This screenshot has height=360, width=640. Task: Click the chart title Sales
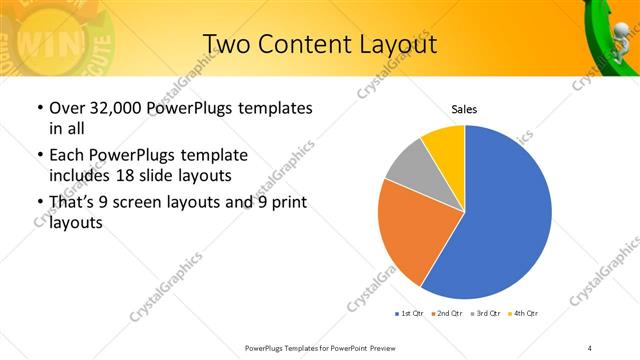coord(464,108)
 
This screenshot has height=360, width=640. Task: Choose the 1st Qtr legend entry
coord(411,314)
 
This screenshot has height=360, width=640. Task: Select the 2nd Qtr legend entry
coord(447,314)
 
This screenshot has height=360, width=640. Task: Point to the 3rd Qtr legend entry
coord(486,314)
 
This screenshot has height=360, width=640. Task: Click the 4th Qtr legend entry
coord(523,314)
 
